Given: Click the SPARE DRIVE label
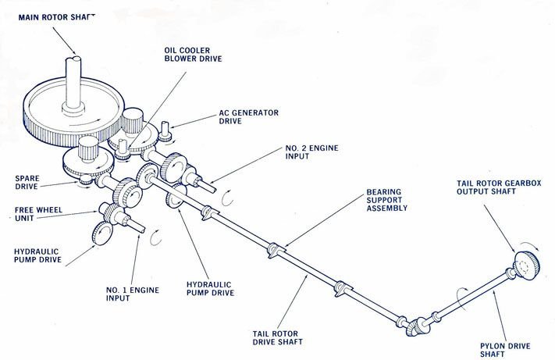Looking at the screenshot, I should click(30, 183).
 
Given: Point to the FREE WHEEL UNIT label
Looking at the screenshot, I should click(30, 213).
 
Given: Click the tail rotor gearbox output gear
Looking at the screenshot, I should click(528, 266).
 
